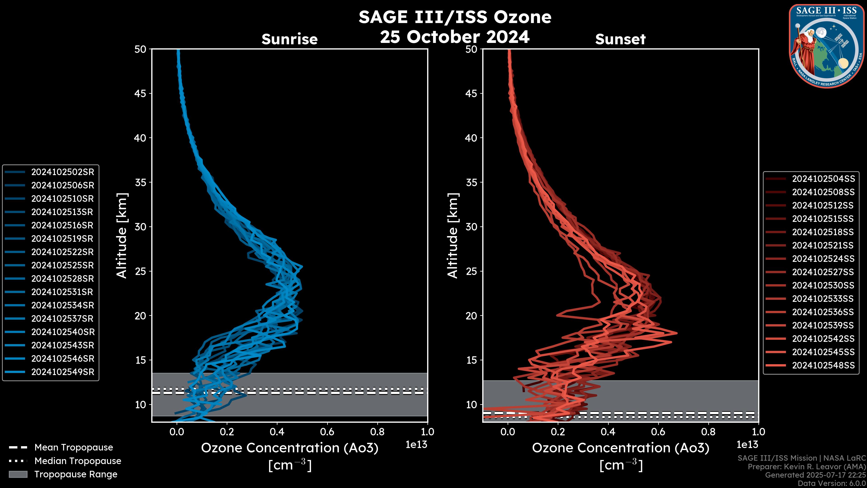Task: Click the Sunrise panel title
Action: coord(289,39)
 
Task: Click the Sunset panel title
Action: coord(620,39)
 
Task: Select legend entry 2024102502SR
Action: coord(63,172)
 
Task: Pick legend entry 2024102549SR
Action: coord(63,372)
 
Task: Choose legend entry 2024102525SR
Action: coord(63,265)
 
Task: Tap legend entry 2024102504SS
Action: coord(823,179)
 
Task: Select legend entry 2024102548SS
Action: coord(823,365)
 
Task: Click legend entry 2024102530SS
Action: coord(823,286)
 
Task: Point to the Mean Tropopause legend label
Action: coord(74,448)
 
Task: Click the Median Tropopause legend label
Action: coord(78,461)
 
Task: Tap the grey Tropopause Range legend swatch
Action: coord(18,474)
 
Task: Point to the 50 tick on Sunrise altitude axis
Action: coord(140,49)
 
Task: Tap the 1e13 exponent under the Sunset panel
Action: coord(747,445)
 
